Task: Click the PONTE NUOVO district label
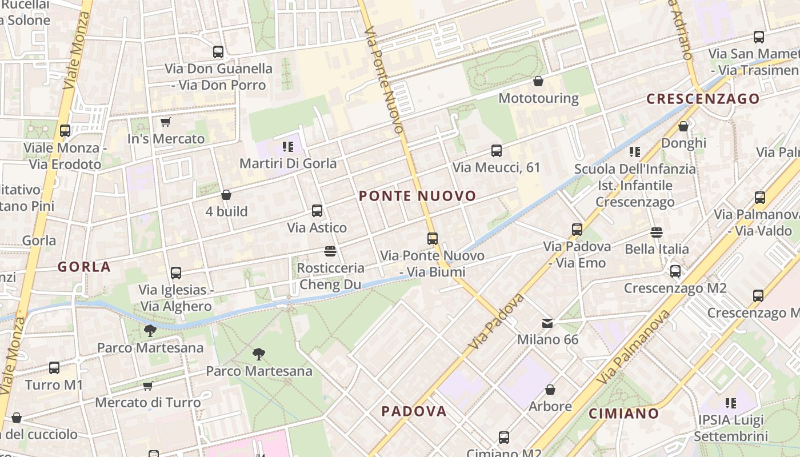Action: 417,196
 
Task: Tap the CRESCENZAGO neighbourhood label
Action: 703,99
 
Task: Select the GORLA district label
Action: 84,266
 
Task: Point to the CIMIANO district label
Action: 624,413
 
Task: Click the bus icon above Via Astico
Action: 317,210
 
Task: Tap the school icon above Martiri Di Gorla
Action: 288,147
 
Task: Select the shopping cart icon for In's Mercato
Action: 165,122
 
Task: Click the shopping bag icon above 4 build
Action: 226,195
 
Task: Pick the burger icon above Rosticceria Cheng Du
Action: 330,251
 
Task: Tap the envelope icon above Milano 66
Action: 547,323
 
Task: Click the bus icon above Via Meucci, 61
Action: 497,151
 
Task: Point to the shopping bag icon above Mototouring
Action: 538,81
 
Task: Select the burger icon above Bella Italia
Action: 656,232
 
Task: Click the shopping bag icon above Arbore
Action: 550,390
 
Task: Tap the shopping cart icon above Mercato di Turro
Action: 148,386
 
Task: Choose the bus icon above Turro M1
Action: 54,368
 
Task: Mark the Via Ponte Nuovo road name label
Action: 383,69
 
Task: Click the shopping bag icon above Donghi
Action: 683,126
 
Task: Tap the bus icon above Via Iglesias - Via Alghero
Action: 176,273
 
